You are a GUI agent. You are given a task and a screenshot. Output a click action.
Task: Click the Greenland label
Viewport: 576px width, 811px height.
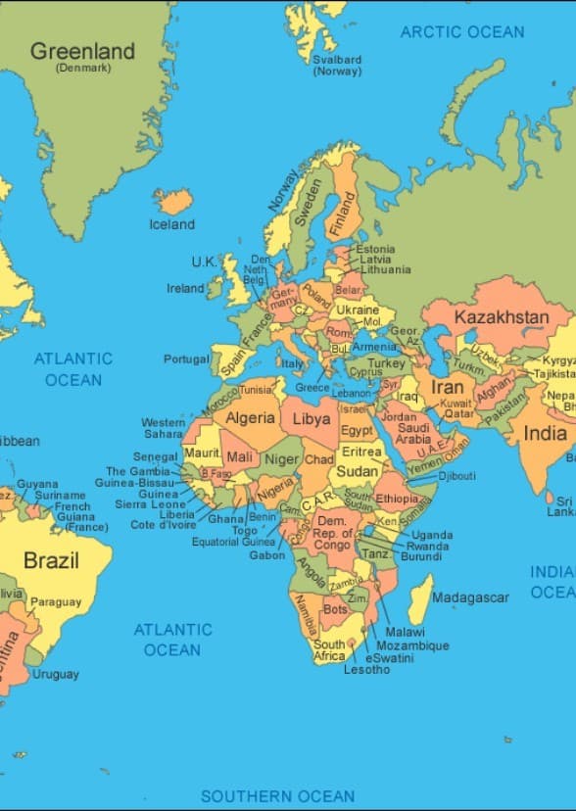click(x=82, y=52)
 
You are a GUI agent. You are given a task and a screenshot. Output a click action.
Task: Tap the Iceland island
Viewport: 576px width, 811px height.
click(x=174, y=202)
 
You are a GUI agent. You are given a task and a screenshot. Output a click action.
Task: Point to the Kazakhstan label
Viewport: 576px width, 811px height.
click(x=501, y=317)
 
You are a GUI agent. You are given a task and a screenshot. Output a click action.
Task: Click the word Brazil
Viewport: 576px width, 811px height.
click(x=51, y=561)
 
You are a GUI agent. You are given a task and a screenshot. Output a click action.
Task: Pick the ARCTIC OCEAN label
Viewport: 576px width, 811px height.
click(x=462, y=32)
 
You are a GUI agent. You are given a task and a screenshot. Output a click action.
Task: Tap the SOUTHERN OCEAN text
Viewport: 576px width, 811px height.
click(x=277, y=795)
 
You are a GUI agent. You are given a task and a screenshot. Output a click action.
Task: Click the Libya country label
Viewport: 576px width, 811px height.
click(x=312, y=418)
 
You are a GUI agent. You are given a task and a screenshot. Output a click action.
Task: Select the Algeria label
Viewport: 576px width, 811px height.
click(x=250, y=418)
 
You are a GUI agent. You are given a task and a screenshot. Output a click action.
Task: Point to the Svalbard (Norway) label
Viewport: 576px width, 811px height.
click(x=337, y=65)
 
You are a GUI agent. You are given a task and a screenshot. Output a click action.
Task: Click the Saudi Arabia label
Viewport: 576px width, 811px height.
click(x=413, y=433)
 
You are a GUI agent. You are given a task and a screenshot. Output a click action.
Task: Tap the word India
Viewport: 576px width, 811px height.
click(x=545, y=433)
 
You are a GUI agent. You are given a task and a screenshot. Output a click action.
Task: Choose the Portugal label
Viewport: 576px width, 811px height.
click(x=186, y=359)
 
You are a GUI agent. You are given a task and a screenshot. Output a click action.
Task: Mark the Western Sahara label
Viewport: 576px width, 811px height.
click(x=163, y=428)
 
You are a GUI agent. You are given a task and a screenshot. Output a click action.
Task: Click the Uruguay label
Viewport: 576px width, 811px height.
click(x=56, y=674)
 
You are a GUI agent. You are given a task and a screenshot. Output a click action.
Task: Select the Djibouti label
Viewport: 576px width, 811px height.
click(x=456, y=476)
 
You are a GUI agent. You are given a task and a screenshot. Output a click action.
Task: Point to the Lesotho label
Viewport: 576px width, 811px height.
click(x=366, y=670)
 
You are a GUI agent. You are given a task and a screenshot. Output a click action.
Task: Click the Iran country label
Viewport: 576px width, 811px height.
click(x=448, y=388)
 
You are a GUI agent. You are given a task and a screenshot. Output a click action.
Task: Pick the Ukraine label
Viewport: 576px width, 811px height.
click(x=357, y=310)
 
